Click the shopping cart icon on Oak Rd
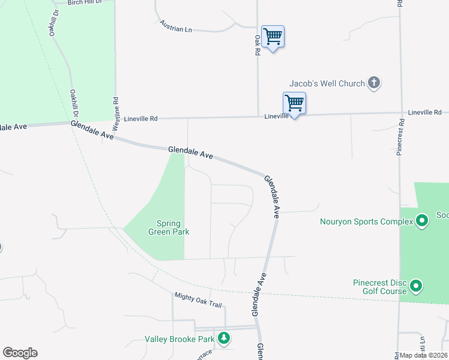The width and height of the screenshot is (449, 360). [273, 37]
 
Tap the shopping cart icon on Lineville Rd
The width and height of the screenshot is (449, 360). [294, 103]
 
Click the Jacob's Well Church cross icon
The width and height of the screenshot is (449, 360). [374, 83]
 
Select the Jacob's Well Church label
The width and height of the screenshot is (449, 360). [327, 83]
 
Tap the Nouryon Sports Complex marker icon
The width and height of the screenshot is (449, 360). [422, 221]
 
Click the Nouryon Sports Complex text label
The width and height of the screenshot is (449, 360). [366, 221]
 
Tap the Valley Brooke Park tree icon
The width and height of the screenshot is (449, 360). [224, 339]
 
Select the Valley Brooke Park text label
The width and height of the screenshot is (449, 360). [179, 339]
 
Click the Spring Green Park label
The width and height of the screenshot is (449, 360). [169, 227]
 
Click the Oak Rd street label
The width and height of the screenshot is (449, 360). [257, 44]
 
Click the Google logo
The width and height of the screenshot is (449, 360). [20, 353]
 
